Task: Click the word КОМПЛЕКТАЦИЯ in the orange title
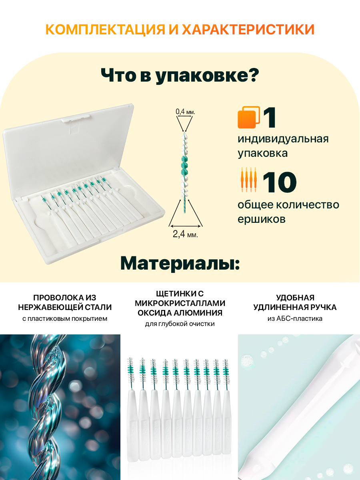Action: pyautogui.click(x=105, y=29)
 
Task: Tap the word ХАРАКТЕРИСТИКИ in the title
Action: pyautogui.click(x=248, y=29)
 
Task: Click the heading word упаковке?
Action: pyautogui.click(x=207, y=76)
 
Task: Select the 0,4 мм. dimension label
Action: pyautogui.click(x=185, y=112)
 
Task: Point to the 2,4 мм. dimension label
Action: pyautogui.click(x=185, y=234)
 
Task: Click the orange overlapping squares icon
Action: pyautogui.click(x=249, y=117)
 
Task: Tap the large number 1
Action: pyautogui.click(x=270, y=118)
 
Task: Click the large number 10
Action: pyautogui.click(x=280, y=182)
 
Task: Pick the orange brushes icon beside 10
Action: pyautogui.click(x=249, y=180)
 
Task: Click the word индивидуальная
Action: pyautogui.click(x=283, y=139)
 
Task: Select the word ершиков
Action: pyautogui.click(x=262, y=219)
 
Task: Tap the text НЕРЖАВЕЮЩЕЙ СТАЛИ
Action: pyautogui.click(x=65, y=307)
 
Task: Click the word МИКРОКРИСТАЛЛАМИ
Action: pyautogui.click(x=180, y=303)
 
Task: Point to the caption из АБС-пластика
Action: pyautogui.click(x=295, y=319)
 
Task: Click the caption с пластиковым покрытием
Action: pyautogui.click(x=65, y=319)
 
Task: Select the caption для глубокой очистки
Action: pyautogui.click(x=180, y=324)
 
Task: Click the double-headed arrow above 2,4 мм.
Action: pyautogui.click(x=185, y=226)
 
